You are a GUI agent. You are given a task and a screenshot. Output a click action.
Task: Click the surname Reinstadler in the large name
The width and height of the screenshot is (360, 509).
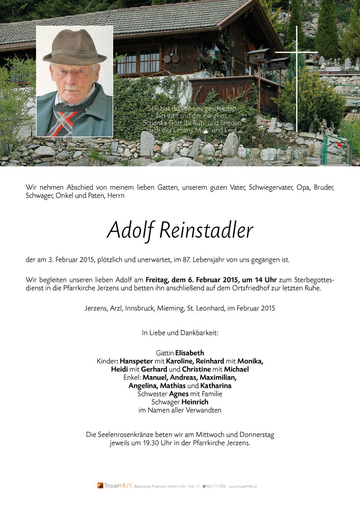pyautogui.click(x=206, y=231)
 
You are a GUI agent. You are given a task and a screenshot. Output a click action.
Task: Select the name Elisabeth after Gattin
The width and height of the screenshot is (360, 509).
pyautogui.click(x=189, y=353)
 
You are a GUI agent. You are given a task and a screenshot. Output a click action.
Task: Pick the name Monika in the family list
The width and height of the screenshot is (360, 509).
pyautogui.click(x=250, y=361)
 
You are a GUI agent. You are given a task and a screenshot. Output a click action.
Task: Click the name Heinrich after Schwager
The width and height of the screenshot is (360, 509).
pyautogui.click(x=195, y=402)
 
